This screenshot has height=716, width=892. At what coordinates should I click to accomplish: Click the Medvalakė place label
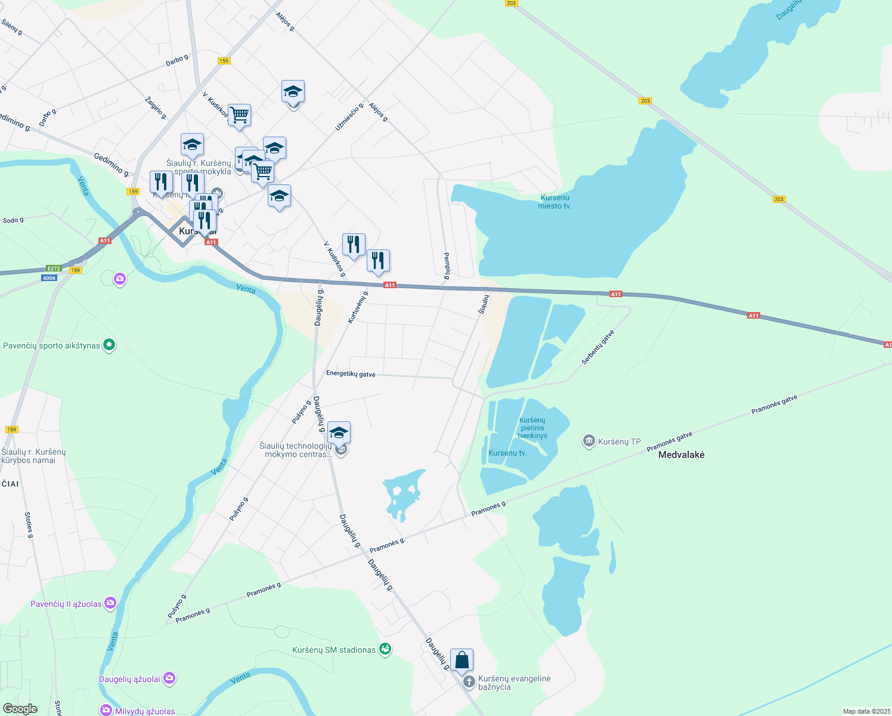[x=681, y=455]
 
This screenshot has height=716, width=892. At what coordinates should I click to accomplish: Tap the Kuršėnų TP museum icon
[x=589, y=441]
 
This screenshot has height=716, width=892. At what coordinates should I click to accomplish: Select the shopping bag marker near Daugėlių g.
[x=462, y=661]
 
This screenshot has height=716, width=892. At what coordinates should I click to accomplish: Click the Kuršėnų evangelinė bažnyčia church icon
[x=469, y=681]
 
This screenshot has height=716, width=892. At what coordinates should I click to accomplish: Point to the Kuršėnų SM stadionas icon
[x=385, y=649]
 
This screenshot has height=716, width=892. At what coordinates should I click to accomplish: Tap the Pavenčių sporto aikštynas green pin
[x=109, y=345]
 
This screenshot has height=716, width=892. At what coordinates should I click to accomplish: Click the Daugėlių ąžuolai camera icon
[x=169, y=678]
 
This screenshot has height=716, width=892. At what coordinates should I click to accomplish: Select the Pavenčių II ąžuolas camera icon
[x=110, y=603]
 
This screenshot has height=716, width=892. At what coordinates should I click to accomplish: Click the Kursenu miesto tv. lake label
[x=555, y=202]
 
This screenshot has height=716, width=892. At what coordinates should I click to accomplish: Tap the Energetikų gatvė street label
[x=351, y=374]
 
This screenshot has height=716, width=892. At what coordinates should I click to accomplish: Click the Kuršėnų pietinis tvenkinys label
[x=532, y=428]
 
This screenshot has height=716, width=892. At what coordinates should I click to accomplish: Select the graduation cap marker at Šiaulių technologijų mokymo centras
[x=339, y=433]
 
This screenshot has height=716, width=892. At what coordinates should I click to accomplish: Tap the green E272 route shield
[x=54, y=268]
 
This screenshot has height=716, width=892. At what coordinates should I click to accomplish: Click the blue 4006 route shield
[x=49, y=278]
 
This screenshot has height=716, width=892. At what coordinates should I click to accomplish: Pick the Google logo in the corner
[x=20, y=709]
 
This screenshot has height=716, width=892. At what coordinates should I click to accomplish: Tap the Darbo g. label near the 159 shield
[x=177, y=60]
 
